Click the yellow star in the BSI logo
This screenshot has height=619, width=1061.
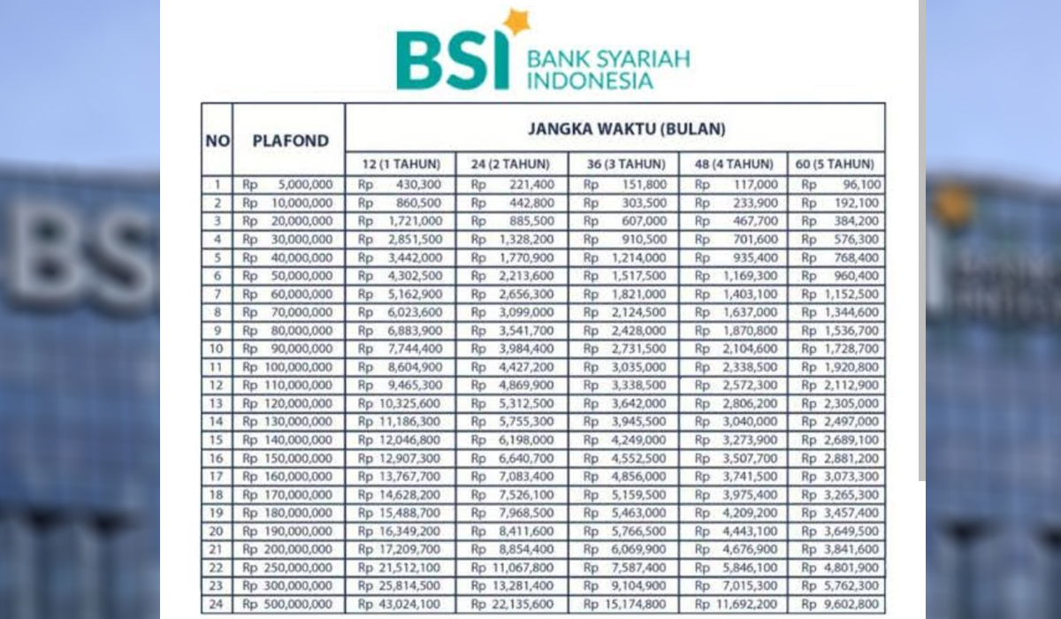pyautogui.click(x=515, y=22)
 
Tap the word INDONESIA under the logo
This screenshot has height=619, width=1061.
pyautogui.click(x=590, y=81)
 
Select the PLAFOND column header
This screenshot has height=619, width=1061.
pyautogui.click(x=290, y=141)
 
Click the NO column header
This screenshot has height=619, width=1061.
pyautogui.click(x=217, y=141)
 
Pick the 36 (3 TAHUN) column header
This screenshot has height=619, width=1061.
pyautogui.click(x=623, y=164)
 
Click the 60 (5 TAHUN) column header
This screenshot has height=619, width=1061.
pyautogui.click(x=836, y=164)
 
